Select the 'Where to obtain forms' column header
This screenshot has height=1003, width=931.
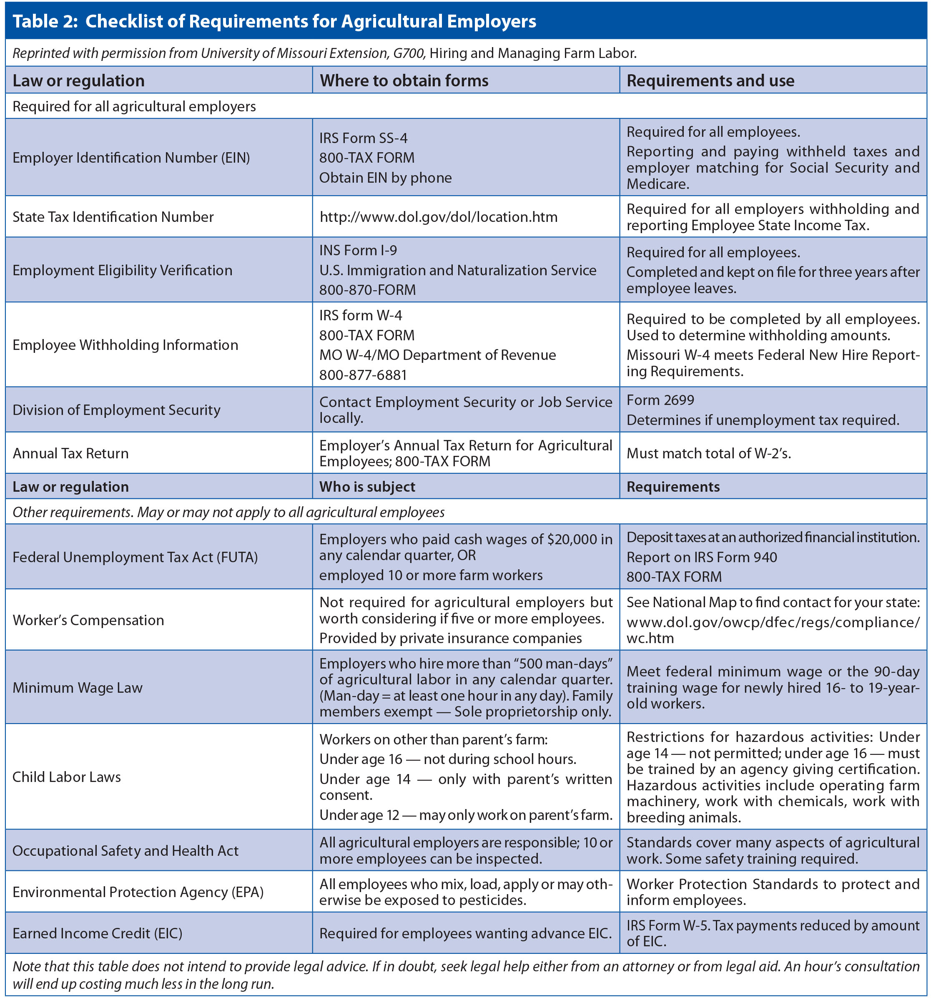point(404,80)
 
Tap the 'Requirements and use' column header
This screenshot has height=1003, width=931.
point(710,80)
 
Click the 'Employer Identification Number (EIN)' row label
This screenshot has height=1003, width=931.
point(131,158)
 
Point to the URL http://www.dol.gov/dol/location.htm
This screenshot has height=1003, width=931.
point(438,217)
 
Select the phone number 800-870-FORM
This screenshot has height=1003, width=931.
point(367,290)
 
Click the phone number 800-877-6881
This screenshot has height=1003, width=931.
point(363,375)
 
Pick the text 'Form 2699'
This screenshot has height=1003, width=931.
point(660,400)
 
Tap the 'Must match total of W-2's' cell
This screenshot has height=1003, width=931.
point(708,454)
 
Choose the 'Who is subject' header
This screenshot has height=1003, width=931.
point(367,487)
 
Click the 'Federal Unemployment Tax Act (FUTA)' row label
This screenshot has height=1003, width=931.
point(135,558)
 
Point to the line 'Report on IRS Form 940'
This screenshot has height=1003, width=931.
point(701,558)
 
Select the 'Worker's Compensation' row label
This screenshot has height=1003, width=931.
point(88,620)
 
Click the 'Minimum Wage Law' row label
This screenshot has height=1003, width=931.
point(78,688)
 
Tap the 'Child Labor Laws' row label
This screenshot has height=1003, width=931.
point(67,777)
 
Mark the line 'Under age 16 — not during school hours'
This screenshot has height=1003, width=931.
point(448,759)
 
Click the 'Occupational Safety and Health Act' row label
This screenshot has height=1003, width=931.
point(125,851)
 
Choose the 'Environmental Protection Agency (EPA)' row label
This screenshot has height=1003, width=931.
point(138,892)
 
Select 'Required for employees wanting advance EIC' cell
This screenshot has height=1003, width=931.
point(465,933)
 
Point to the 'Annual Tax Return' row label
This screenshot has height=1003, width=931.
point(70,454)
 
